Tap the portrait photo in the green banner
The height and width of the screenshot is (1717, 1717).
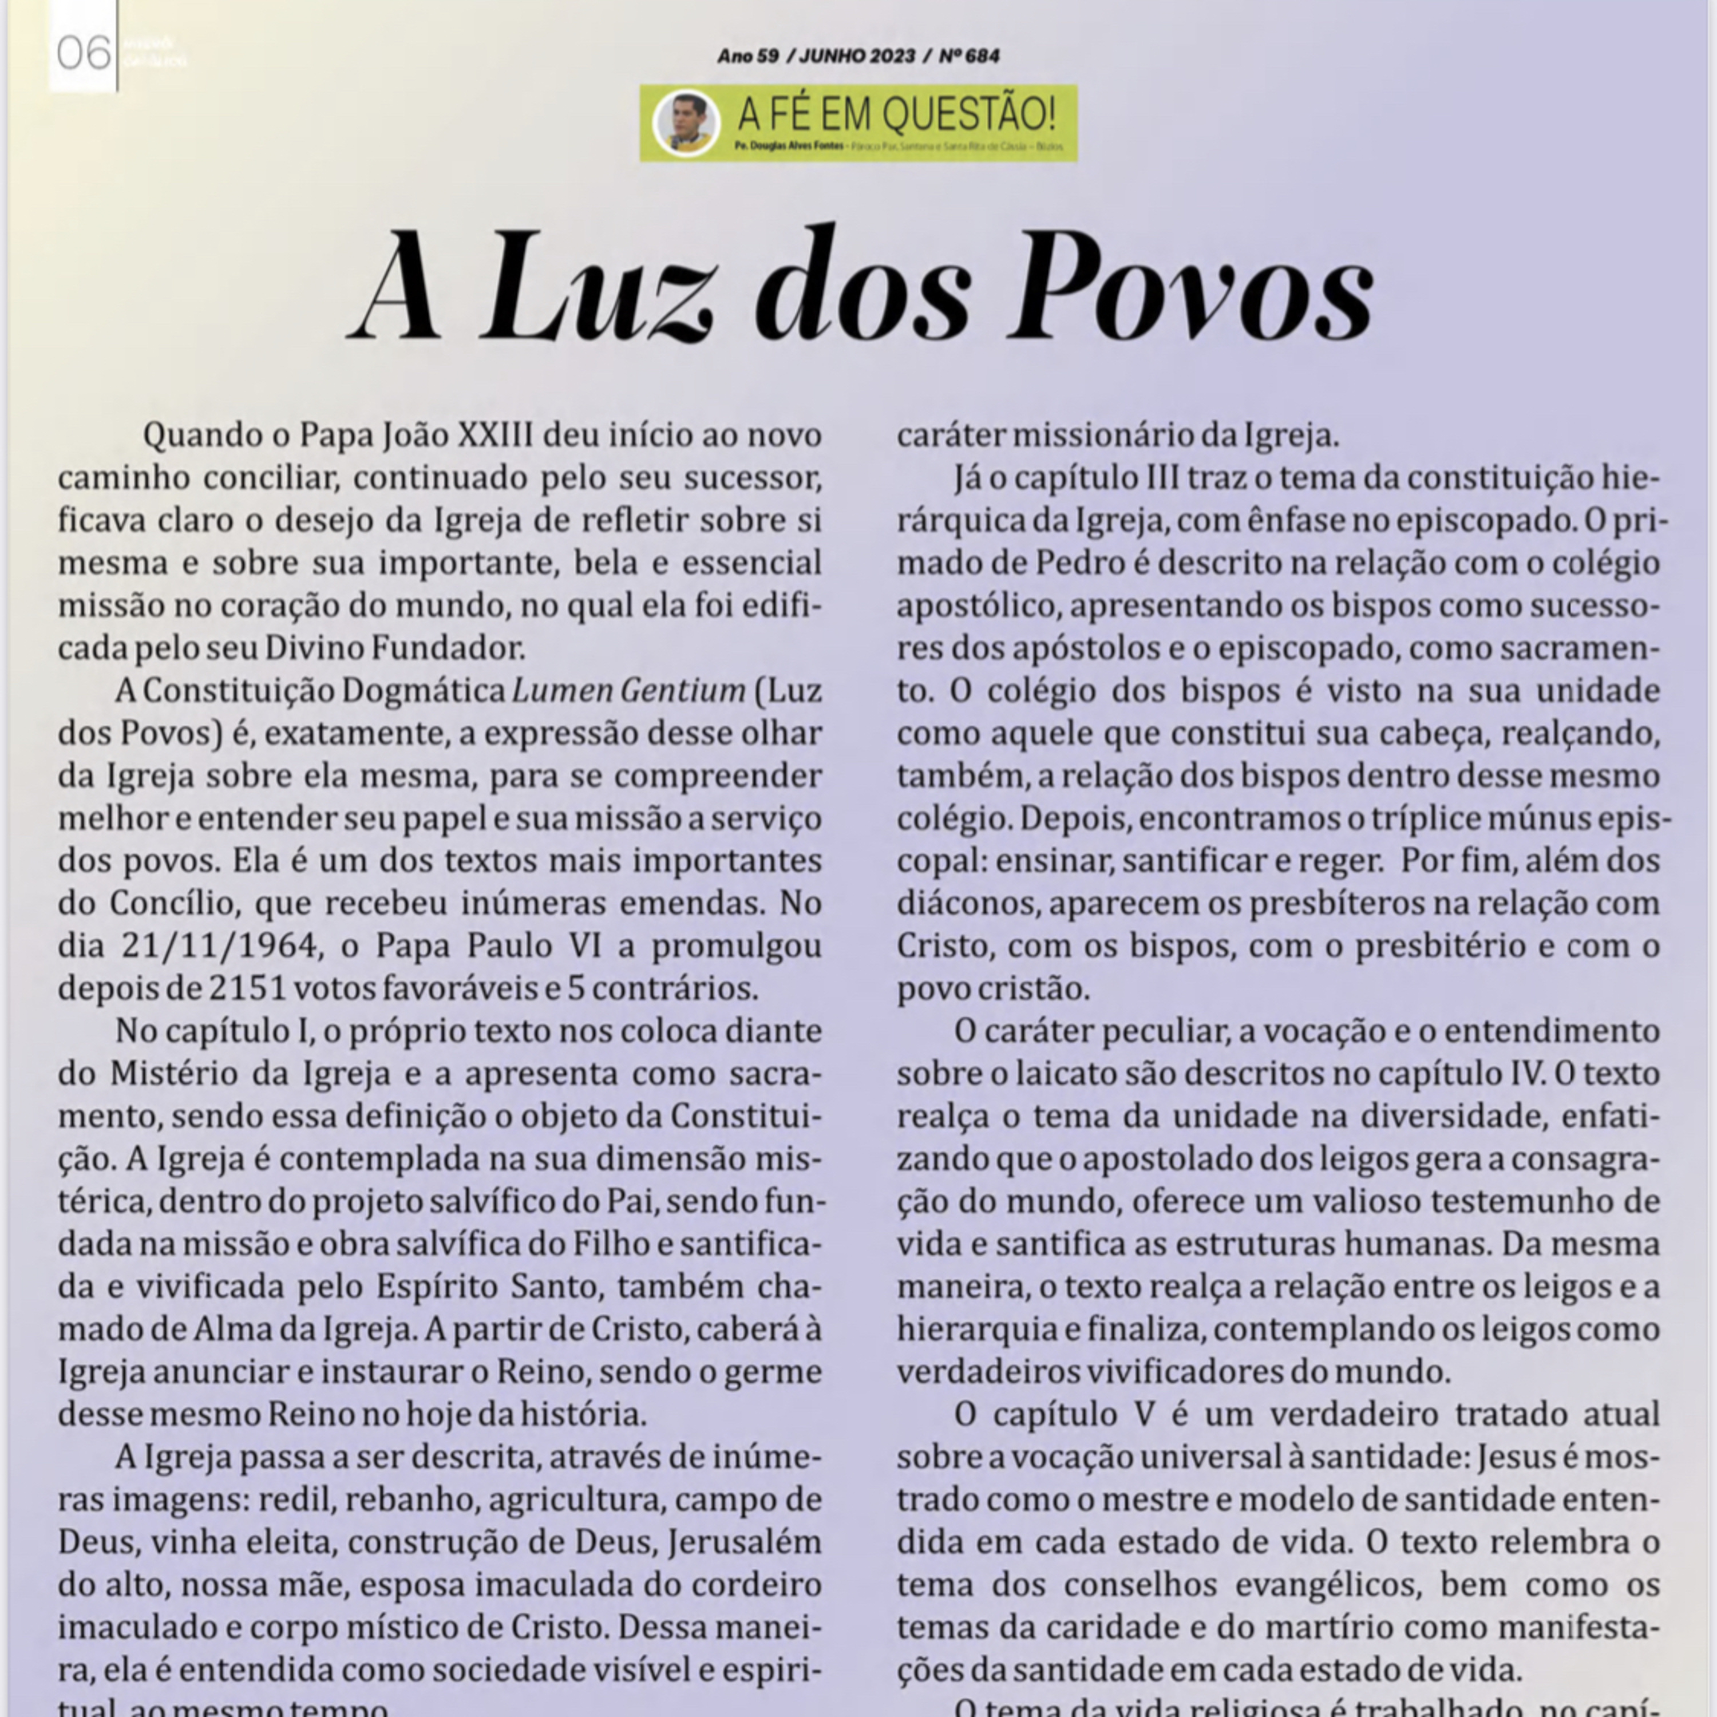(685, 122)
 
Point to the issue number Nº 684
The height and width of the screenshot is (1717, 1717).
(969, 56)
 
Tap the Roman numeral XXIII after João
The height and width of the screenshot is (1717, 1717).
(494, 436)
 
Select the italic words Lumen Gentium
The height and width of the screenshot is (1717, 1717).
(628, 691)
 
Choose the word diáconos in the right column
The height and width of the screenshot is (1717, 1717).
(967, 903)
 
